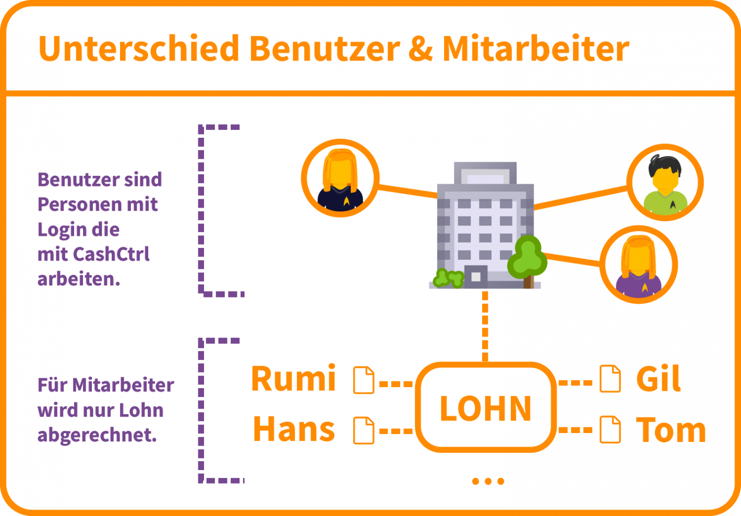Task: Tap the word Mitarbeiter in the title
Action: pyautogui.click(x=536, y=49)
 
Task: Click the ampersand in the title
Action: pyautogui.click(x=421, y=49)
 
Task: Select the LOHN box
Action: pyautogui.click(x=486, y=407)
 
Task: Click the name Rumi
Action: pyautogui.click(x=293, y=379)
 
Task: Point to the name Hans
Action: pyautogui.click(x=293, y=429)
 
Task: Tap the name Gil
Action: pyautogui.click(x=659, y=379)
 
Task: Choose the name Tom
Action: pyautogui.click(x=671, y=430)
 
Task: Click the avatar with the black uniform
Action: pyautogui.click(x=340, y=178)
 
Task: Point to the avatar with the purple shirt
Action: pyautogui.click(x=639, y=264)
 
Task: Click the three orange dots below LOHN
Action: pyautogui.click(x=488, y=481)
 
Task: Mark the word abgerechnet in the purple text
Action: pyautogui.click(x=97, y=435)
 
